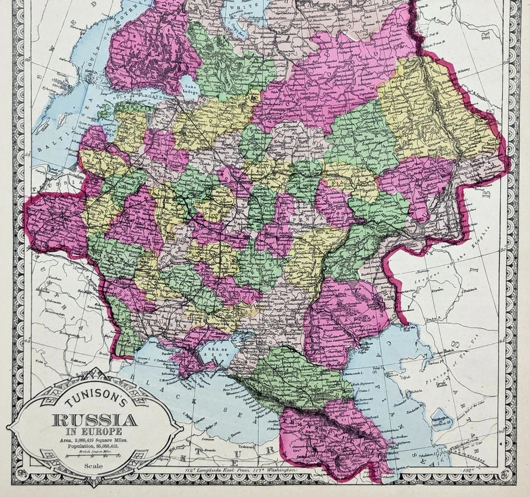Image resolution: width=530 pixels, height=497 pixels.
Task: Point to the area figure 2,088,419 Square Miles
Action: coord(95,440)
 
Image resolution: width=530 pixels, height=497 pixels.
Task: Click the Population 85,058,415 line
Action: coord(95,447)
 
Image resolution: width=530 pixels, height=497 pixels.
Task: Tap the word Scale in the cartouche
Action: coord(94,466)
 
